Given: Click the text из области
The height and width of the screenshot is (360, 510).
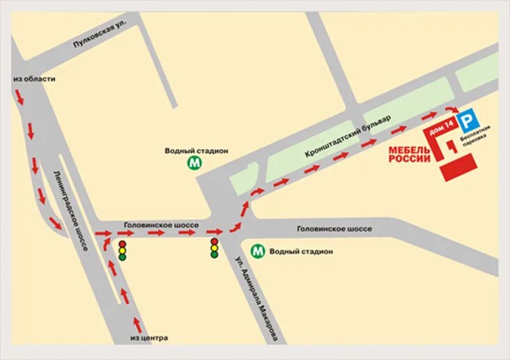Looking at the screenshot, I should pos(34,79).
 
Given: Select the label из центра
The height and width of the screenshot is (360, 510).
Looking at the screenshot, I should pos(148,338).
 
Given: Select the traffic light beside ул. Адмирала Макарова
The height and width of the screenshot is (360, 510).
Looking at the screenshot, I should pos(215,249).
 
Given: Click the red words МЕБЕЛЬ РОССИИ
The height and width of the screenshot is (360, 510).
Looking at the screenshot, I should pos(410,155).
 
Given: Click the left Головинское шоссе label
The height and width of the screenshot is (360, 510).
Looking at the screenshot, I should pos(161,225).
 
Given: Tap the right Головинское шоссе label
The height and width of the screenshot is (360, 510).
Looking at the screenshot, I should pos(334,228).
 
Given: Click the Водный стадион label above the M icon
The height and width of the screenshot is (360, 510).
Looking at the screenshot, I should pos(196,150).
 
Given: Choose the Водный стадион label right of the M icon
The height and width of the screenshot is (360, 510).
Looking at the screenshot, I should pos(301,251).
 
